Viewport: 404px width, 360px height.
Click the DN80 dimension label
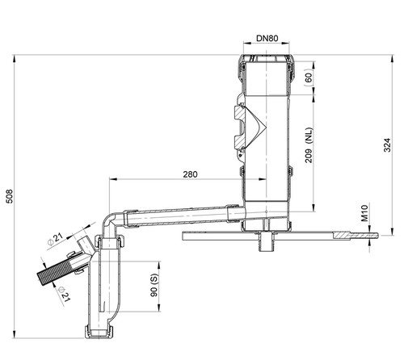(267, 38)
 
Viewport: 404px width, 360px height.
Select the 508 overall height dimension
(10, 196)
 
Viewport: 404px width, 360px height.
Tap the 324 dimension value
(387, 145)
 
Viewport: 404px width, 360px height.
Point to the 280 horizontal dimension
(190, 174)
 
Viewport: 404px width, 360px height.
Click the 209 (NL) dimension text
(309, 145)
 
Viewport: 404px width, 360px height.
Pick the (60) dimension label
(309, 77)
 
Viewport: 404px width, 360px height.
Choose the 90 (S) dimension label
(154, 286)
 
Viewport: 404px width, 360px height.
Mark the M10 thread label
(364, 213)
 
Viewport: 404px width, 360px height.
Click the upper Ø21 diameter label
(55, 239)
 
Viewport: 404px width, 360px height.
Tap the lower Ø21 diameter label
(64, 294)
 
